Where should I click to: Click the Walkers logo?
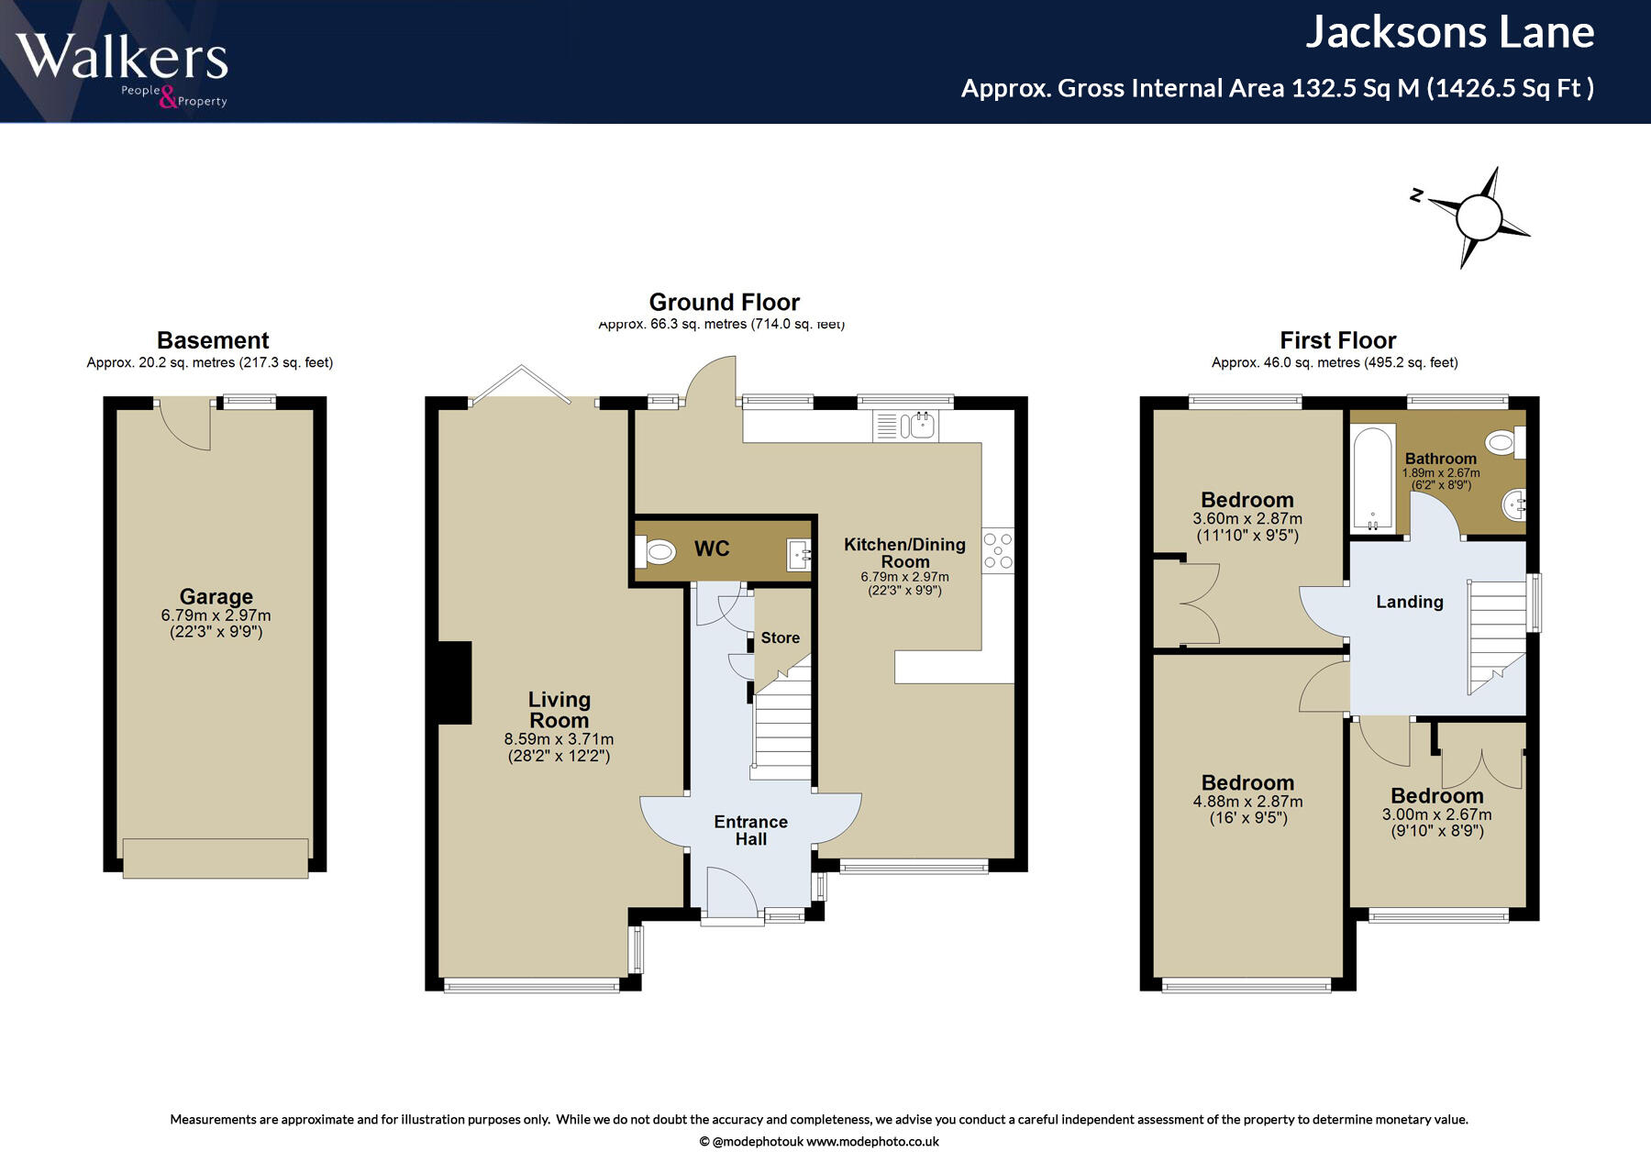click(x=122, y=69)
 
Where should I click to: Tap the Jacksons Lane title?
click(x=1450, y=32)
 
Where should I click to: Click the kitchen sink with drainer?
click(x=906, y=426)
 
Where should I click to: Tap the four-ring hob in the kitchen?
click(x=998, y=550)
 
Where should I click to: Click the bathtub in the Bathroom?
click(x=1373, y=477)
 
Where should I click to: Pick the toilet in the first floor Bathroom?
click(x=1506, y=443)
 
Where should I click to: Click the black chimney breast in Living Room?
click(x=455, y=682)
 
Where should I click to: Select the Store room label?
click(x=781, y=637)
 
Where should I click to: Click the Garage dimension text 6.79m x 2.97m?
click(x=216, y=615)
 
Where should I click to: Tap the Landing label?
click(x=1410, y=602)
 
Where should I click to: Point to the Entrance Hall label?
click(x=751, y=830)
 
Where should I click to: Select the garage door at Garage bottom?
click(x=216, y=858)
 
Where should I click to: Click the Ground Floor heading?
click(x=725, y=302)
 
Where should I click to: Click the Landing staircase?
click(x=1498, y=635)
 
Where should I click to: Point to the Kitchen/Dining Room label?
click(x=905, y=552)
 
